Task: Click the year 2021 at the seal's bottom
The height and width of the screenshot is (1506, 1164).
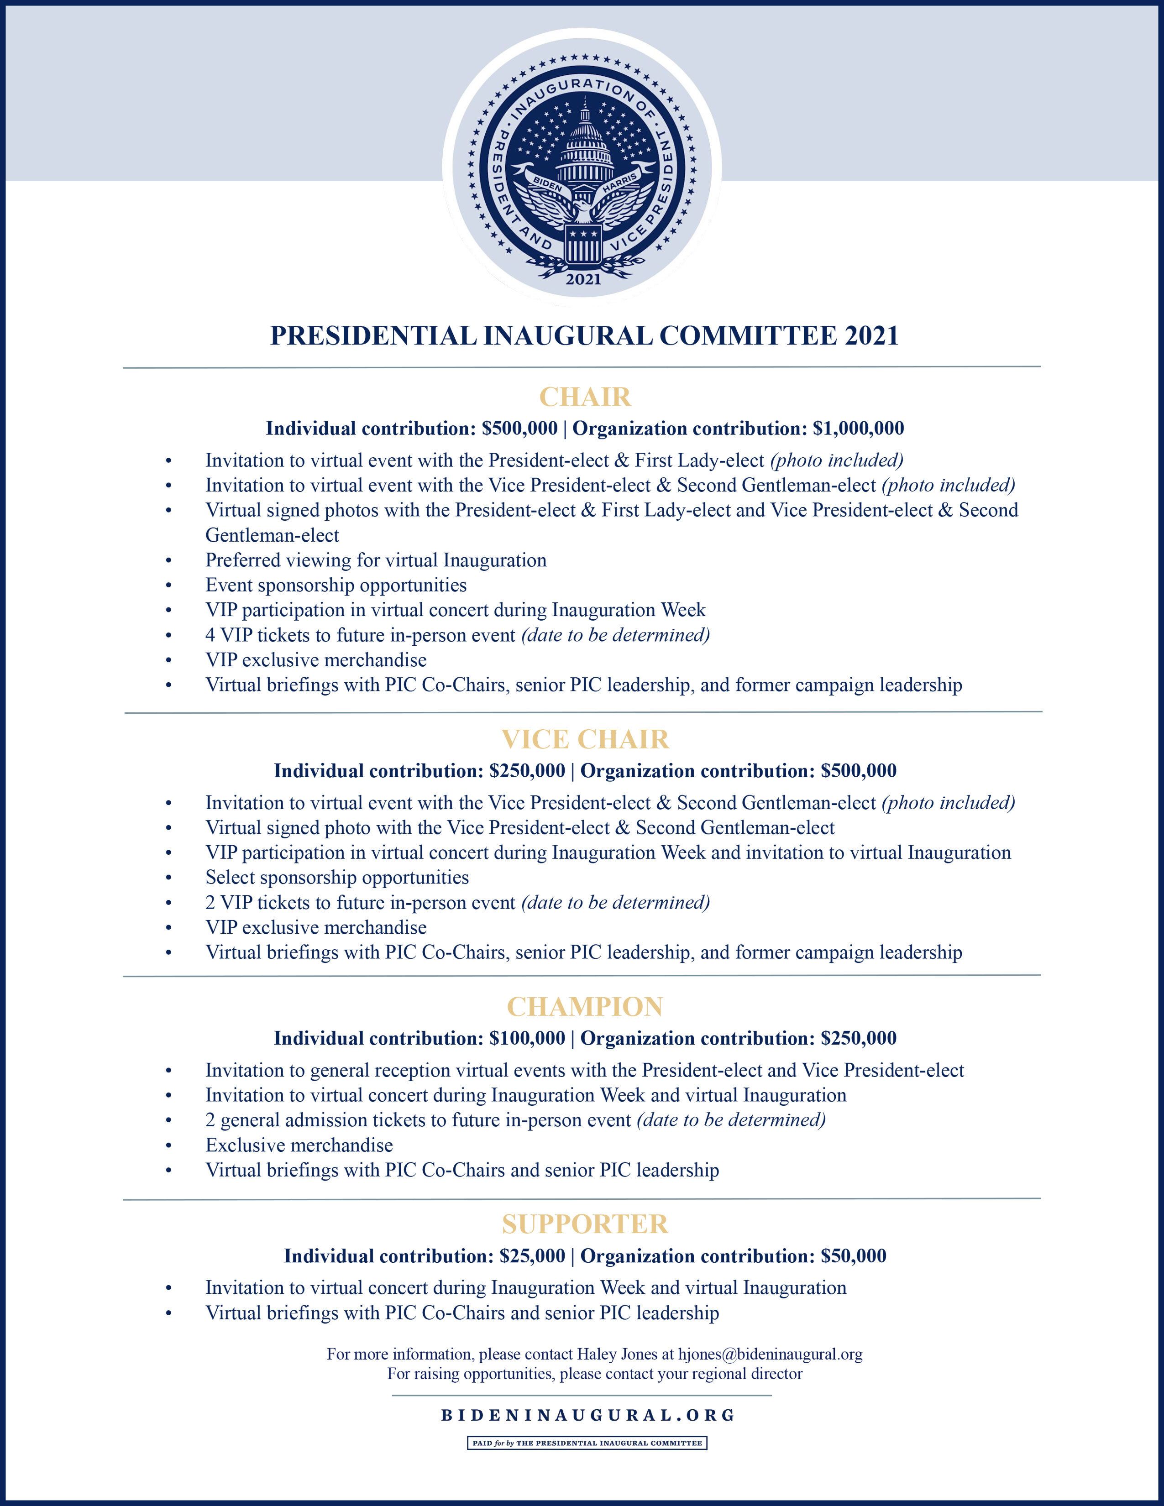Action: [583, 278]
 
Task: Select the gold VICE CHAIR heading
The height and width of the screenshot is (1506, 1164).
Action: [585, 739]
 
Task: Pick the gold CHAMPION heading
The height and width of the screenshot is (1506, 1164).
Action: [585, 1007]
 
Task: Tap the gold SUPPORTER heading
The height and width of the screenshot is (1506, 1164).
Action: [585, 1224]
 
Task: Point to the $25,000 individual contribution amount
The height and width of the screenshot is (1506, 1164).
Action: [532, 1256]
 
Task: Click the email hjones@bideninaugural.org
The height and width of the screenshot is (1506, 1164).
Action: [770, 1354]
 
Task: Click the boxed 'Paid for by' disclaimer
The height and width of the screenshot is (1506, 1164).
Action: [587, 1443]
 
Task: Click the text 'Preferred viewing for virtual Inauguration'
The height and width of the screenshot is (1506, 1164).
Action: [376, 560]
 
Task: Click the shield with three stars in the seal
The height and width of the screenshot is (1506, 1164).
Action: [583, 244]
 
